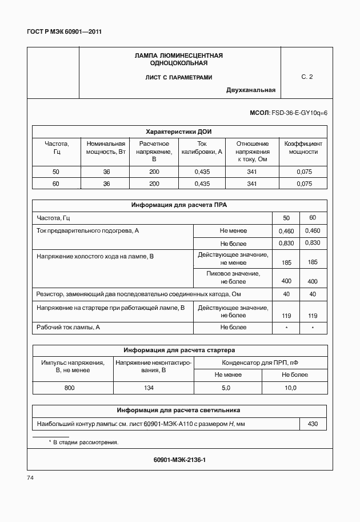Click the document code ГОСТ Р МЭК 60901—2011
(x=65, y=32)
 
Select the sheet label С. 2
(x=307, y=76)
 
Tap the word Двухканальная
(x=250, y=90)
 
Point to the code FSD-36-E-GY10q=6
(x=299, y=114)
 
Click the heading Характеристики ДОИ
(x=179, y=131)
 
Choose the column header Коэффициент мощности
(x=303, y=148)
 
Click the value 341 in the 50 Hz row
(x=251, y=172)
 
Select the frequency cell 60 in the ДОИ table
(x=55, y=184)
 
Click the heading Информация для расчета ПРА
(x=179, y=205)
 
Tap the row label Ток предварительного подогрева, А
(x=87, y=230)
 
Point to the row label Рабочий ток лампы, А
(x=69, y=327)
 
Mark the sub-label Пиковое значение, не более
(x=233, y=277)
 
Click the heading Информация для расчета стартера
(x=179, y=350)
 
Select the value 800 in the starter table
(x=72, y=388)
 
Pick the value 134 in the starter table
(x=153, y=388)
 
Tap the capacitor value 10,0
(x=290, y=388)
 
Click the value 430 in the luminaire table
(x=313, y=424)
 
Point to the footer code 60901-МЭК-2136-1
(x=179, y=459)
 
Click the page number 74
(x=31, y=477)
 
